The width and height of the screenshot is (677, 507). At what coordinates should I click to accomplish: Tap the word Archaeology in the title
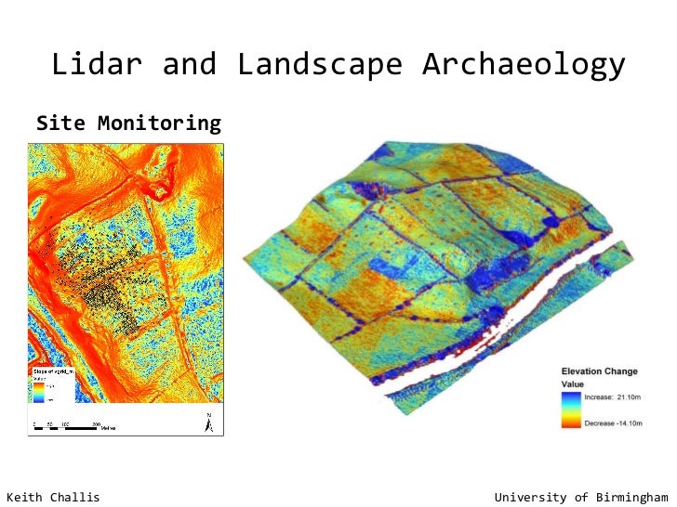[x=523, y=65]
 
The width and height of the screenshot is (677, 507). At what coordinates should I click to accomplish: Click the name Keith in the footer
[x=27, y=497]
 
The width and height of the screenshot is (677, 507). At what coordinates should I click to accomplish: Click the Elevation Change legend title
[x=599, y=371]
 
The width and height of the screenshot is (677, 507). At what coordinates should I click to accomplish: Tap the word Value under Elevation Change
[x=572, y=383]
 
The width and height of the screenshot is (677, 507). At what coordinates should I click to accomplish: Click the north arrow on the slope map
[x=209, y=422]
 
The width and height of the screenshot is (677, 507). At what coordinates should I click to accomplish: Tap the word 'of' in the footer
[x=580, y=497]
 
